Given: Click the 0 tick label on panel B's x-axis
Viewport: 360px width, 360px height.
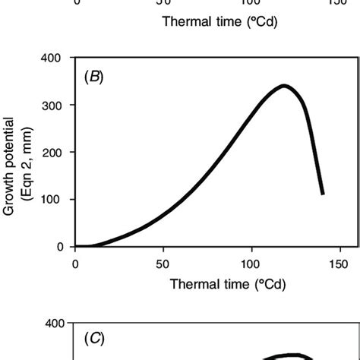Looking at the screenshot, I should (75, 263).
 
